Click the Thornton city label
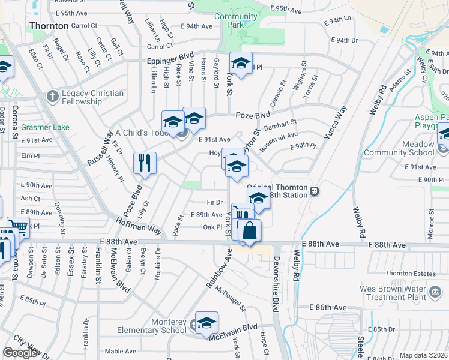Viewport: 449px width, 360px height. click(x=48, y=26)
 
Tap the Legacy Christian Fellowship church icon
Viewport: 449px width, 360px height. click(x=53, y=96)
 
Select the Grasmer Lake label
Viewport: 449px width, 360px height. click(x=45, y=127)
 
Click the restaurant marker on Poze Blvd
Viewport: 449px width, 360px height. click(x=145, y=163)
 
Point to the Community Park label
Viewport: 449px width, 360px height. click(x=236, y=20)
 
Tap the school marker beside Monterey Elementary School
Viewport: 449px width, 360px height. click(x=206, y=323)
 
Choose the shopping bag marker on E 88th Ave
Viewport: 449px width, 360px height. click(x=250, y=230)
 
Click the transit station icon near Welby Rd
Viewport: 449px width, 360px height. click(x=314, y=191)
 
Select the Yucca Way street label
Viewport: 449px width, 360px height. click(x=336, y=123)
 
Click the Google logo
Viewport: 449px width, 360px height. click(x=20, y=353)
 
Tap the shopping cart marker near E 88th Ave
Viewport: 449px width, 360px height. click(x=18, y=227)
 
